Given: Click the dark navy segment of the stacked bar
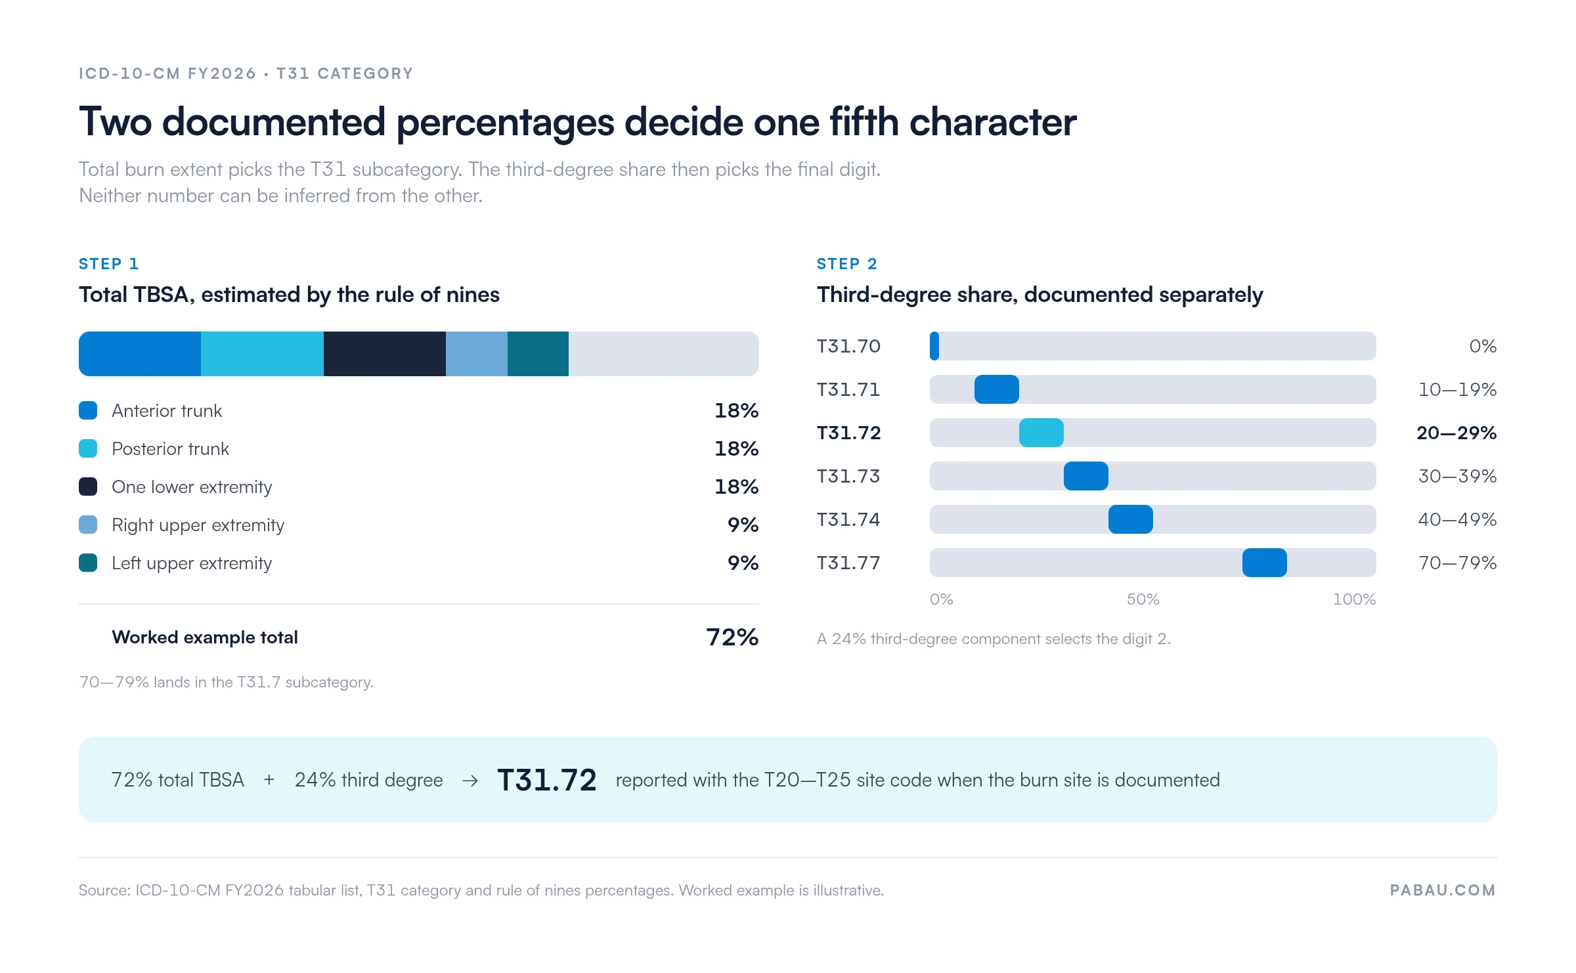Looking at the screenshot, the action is coord(385,354).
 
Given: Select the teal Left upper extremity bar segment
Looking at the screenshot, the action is coord(538,354).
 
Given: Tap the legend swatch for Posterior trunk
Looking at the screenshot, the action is coord(88,448).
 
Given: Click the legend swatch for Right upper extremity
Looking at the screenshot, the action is coord(88,525).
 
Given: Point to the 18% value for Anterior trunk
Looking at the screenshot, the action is coord(736,411).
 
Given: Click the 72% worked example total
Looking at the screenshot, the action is coord(732,637).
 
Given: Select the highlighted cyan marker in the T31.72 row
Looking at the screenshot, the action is coord(1041,433).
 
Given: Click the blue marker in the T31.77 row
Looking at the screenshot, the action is coord(1265,563).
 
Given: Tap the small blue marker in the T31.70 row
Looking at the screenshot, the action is coord(934,346).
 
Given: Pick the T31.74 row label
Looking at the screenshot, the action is coord(848,520).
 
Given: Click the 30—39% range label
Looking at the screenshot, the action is coord(1457,477).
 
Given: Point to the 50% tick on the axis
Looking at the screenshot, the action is coord(1143,599).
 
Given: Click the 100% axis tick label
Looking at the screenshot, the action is coord(1354,599).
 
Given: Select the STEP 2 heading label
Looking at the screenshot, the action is coord(847,264).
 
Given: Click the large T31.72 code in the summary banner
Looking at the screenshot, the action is coord(547,780).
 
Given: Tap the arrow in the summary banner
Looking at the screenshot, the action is coord(470,781).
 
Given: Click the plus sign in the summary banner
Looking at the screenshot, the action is coord(269,780).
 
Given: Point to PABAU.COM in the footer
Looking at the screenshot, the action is coord(1443,890).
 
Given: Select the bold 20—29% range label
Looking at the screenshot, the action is coord(1456,433).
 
